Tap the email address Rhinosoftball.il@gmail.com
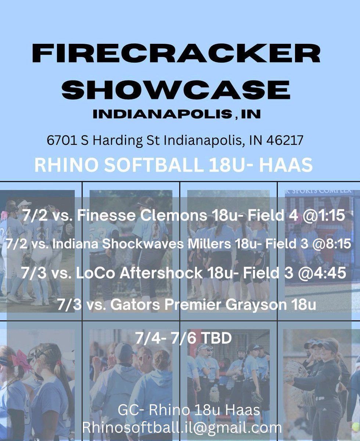182,427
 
